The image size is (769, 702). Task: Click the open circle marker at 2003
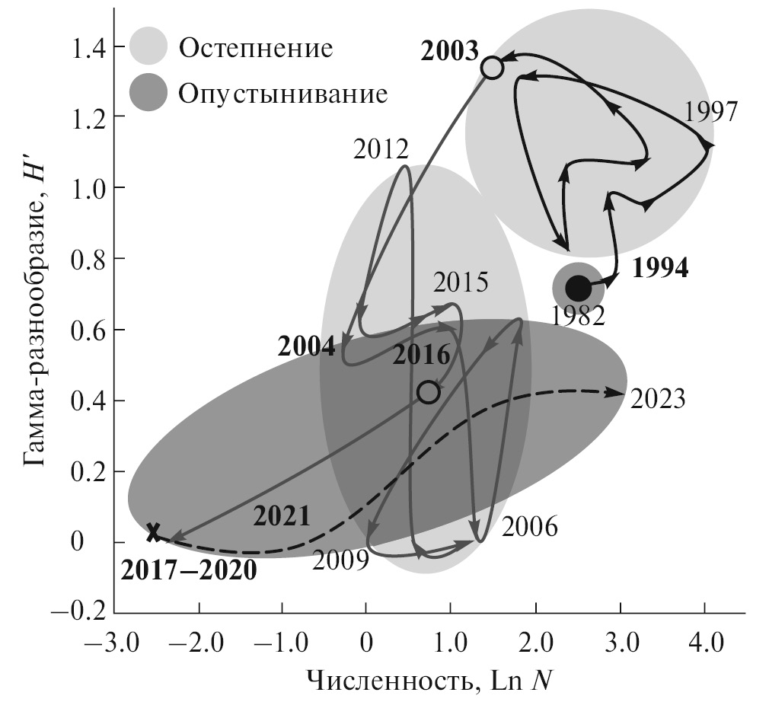pyautogui.click(x=493, y=68)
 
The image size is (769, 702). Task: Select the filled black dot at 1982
pyautogui.click(x=578, y=288)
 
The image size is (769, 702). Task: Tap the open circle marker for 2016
pyautogui.click(x=429, y=391)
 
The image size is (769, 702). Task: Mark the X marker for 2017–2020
pyautogui.click(x=154, y=532)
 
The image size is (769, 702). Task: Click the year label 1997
pyautogui.click(x=710, y=112)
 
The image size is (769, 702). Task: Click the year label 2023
pyautogui.click(x=659, y=398)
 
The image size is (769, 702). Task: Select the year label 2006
pyautogui.click(x=531, y=526)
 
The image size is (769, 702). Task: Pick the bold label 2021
pyautogui.click(x=282, y=516)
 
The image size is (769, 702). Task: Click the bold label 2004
pyautogui.click(x=306, y=347)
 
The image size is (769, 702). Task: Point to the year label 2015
pyautogui.click(x=461, y=283)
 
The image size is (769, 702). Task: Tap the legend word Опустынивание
pyautogui.click(x=283, y=94)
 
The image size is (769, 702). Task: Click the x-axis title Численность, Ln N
pyautogui.click(x=429, y=680)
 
